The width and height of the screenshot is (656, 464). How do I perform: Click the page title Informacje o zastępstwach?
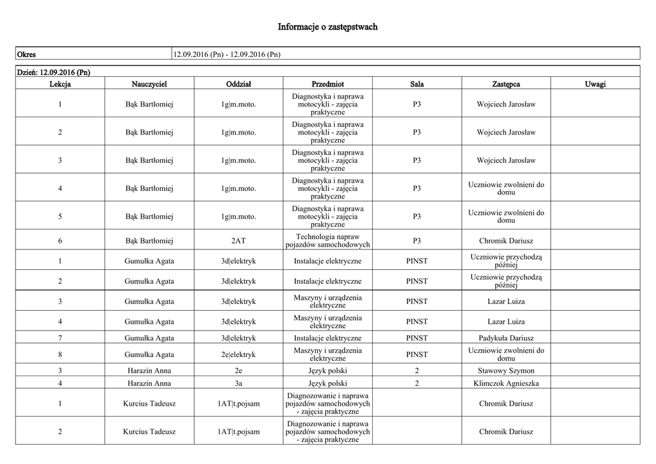click(327, 27)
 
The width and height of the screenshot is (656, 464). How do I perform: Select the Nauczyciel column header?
click(149, 84)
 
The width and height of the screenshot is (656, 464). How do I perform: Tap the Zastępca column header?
click(506, 84)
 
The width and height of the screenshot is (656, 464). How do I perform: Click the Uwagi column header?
click(595, 84)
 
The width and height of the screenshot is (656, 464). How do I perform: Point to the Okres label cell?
click(26, 54)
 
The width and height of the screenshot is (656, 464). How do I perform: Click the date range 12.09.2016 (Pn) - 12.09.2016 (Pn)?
click(227, 54)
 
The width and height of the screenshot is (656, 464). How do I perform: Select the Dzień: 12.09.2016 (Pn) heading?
click(53, 72)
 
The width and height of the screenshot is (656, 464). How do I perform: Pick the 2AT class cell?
click(238, 241)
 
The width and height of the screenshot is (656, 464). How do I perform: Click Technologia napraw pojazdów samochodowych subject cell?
click(327, 241)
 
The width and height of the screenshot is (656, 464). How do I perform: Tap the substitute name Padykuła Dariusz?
click(506, 338)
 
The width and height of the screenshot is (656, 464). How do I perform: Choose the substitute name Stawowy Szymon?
click(506, 370)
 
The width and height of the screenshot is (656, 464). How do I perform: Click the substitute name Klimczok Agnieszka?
click(506, 383)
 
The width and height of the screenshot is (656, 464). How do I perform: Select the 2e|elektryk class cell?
click(238, 354)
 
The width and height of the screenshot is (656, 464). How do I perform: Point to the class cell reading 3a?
click(238, 383)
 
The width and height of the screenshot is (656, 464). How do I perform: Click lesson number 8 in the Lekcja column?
click(60, 354)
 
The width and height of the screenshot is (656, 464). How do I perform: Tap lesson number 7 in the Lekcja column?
click(60, 338)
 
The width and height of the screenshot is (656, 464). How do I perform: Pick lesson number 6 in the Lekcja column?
click(60, 241)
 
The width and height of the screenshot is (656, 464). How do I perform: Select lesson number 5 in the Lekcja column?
click(60, 217)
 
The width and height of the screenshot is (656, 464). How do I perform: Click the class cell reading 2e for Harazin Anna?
click(238, 370)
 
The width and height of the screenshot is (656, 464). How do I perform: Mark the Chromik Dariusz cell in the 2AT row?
click(506, 241)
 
